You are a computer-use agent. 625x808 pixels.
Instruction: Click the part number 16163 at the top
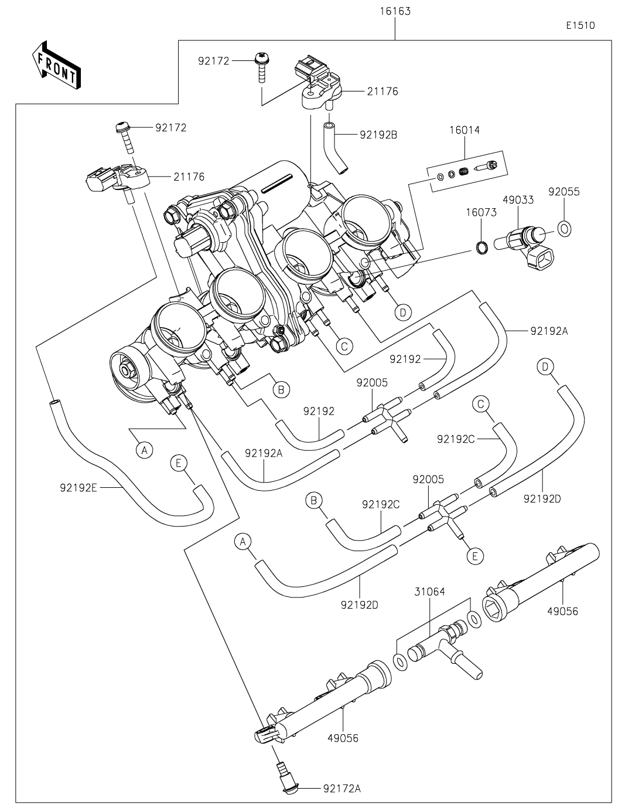pyautogui.click(x=395, y=11)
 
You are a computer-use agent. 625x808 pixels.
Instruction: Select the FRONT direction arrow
pyautogui.click(x=56, y=65)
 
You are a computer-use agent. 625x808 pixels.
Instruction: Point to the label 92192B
pyautogui.click(x=378, y=134)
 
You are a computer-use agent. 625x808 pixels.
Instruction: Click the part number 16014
pyautogui.click(x=465, y=130)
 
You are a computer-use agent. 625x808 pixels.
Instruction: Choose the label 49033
pyautogui.click(x=518, y=199)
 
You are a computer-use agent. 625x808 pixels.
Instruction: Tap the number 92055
pyautogui.click(x=563, y=191)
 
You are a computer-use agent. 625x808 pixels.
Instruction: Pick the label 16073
pyautogui.click(x=482, y=212)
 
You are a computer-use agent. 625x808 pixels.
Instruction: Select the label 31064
pyautogui.click(x=429, y=592)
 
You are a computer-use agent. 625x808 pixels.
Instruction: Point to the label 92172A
pyautogui.click(x=341, y=789)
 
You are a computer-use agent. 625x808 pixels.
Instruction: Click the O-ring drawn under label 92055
pyautogui.click(x=565, y=228)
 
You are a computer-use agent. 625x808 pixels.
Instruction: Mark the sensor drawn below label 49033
pyautogui.click(x=525, y=243)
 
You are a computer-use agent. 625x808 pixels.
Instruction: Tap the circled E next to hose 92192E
pyautogui.click(x=179, y=463)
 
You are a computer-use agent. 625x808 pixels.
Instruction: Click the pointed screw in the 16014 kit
pyautogui.click(x=489, y=167)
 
